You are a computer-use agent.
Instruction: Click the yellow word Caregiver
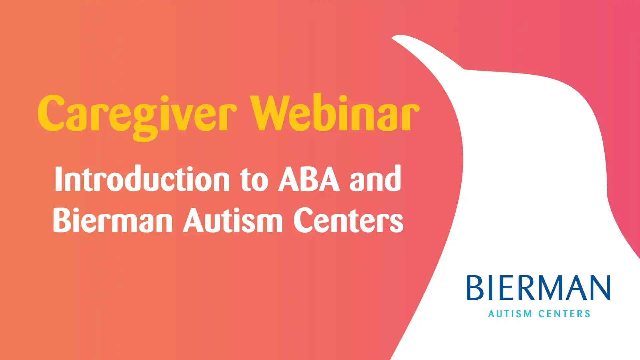pyautogui.click(x=137, y=117)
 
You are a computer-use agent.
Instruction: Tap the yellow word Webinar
pyautogui.click(x=335, y=113)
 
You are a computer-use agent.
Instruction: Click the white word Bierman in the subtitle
pyautogui.click(x=113, y=220)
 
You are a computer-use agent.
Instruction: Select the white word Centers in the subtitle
pyautogui.click(x=348, y=220)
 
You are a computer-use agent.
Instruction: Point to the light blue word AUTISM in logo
pyautogui.click(x=510, y=314)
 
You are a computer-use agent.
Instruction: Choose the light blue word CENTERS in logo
pyautogui.click(x=565, y=314)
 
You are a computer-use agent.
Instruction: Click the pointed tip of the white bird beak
pyautogui.click(x=392, y=38)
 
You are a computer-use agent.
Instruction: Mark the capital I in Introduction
pyautogui.click(x=59, y=179)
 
